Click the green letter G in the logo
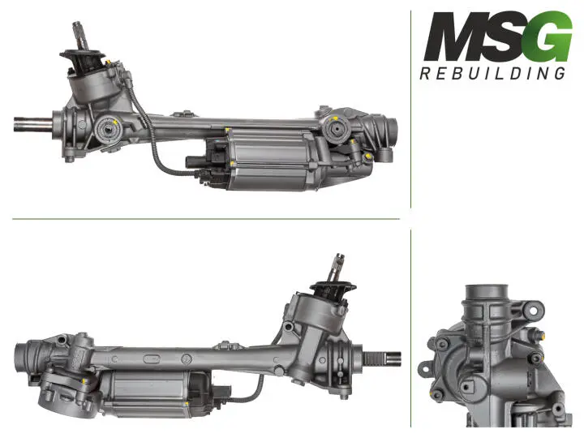point(545,36)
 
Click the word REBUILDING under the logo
point(492,74)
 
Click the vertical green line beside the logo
point(411,114)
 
